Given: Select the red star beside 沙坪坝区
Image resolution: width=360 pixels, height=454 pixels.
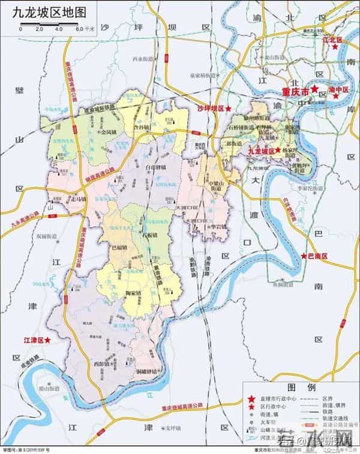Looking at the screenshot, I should pyautogui.click(x=227, y=108).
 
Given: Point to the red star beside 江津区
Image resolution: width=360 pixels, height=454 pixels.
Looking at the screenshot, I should pyautogui.click(x=48, y=340).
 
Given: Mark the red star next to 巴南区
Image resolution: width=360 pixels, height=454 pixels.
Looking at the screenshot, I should pyautogui.click(x=304, y=256).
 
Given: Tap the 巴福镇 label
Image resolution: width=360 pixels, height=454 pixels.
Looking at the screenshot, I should pyautogui.click(x=120, y=246).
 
